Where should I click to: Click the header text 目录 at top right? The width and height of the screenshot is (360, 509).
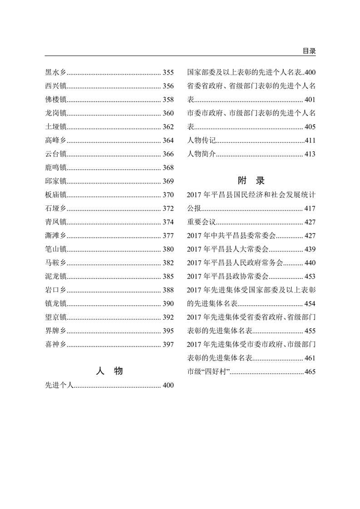click(x=309, y=51)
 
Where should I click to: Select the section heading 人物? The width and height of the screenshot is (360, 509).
click(x=109, y=371)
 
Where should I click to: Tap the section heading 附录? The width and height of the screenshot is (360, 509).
click(x=251, y=180)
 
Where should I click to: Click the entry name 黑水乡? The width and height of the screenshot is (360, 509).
click(x=56, y=72)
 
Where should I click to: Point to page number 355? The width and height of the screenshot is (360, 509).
click(x=168, y=72)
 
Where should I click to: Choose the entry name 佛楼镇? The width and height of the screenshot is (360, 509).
click(x=56, y=99)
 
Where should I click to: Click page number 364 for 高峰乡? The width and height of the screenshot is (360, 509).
click(x=168, y=141)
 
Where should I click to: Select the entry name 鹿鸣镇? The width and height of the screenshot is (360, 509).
click(x=56, y=168)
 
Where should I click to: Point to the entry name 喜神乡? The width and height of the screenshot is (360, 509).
click(x=56, y=344)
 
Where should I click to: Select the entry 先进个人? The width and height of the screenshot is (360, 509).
click(x=59, y=386)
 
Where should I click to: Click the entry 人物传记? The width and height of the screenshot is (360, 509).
click(x=202, y=141)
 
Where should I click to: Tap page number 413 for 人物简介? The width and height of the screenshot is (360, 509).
click(x=310, y=154)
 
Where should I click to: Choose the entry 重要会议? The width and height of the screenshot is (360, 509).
click(x=202, y=222)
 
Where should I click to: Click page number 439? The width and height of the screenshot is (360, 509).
click(x=310, y=249)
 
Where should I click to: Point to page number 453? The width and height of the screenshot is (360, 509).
click(x=310, y=276)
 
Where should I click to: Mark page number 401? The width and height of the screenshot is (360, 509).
click(x=310, y=99)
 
